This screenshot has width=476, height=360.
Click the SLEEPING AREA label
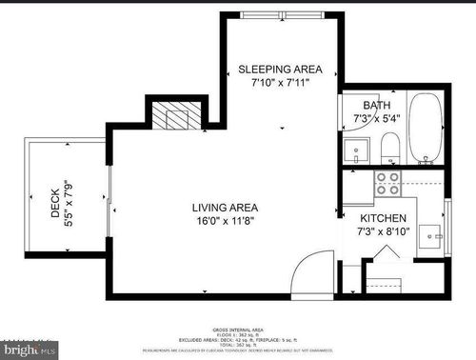280,70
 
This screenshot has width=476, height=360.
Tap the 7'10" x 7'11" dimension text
280,84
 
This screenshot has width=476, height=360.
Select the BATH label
376,106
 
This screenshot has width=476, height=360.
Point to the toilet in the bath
388,148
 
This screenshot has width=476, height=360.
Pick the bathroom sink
357,149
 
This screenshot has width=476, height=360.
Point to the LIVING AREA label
225,207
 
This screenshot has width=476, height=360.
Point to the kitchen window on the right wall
446,227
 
